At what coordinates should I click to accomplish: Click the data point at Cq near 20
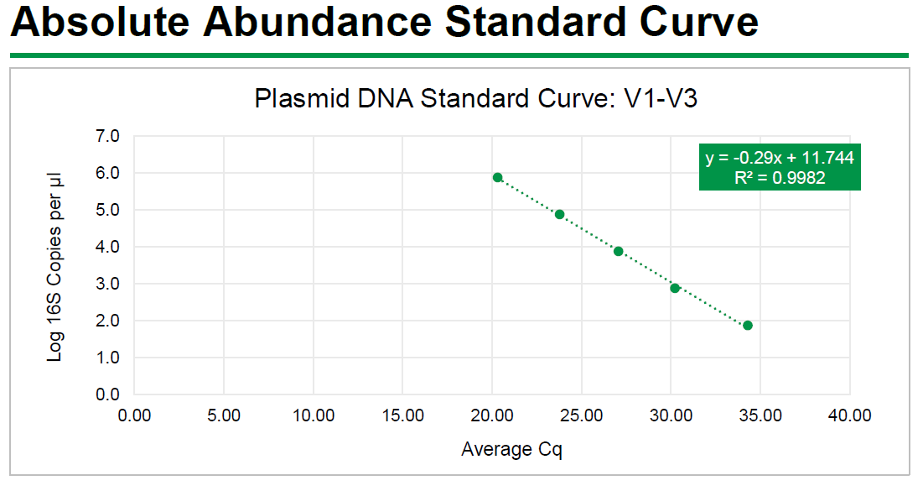click(497, 177)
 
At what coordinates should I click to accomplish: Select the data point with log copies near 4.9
click(560, 214)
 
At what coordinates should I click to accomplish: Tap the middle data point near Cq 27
click(619, 251)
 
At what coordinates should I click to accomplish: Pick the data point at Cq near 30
click(675, 288)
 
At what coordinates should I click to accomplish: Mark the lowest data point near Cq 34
click(748, 325)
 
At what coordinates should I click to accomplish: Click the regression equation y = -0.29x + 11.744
click(780, 158)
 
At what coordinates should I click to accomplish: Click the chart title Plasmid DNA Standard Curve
click(476, 99)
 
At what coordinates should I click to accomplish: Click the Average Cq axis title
click(511, 450)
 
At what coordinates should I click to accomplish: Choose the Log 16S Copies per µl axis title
click(55, 264)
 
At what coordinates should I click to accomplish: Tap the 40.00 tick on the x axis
click(849, 415)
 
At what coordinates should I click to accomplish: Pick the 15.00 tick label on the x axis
click(402, 415)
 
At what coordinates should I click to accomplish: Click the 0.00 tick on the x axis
click(134, 415)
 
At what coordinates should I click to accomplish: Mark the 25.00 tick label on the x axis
click(581, 415)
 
